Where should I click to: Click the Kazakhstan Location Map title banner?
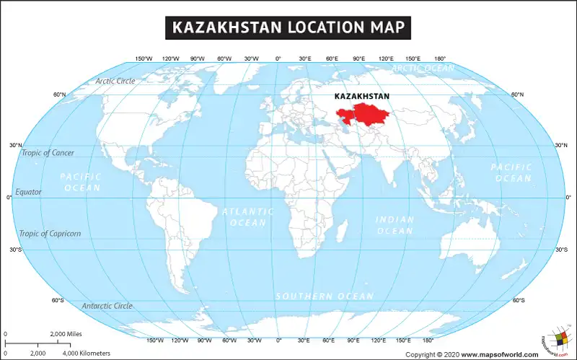[288, 27]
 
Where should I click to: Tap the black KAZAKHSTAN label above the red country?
[362, 96]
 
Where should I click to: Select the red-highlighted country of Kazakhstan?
[364, 115]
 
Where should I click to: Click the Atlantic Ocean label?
[247, 217]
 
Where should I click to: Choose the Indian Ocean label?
[395, 224]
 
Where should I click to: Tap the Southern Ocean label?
[325, 297]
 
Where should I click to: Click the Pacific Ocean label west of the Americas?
[82, 182]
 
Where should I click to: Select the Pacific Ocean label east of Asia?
[511, 172]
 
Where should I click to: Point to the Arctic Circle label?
[115, 81]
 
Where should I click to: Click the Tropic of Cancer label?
[47, 153]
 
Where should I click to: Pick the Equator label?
[29, 192]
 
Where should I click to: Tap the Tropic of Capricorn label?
[50, 234]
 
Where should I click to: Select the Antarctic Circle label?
[107, 306]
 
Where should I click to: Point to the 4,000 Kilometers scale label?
[86, 353]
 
